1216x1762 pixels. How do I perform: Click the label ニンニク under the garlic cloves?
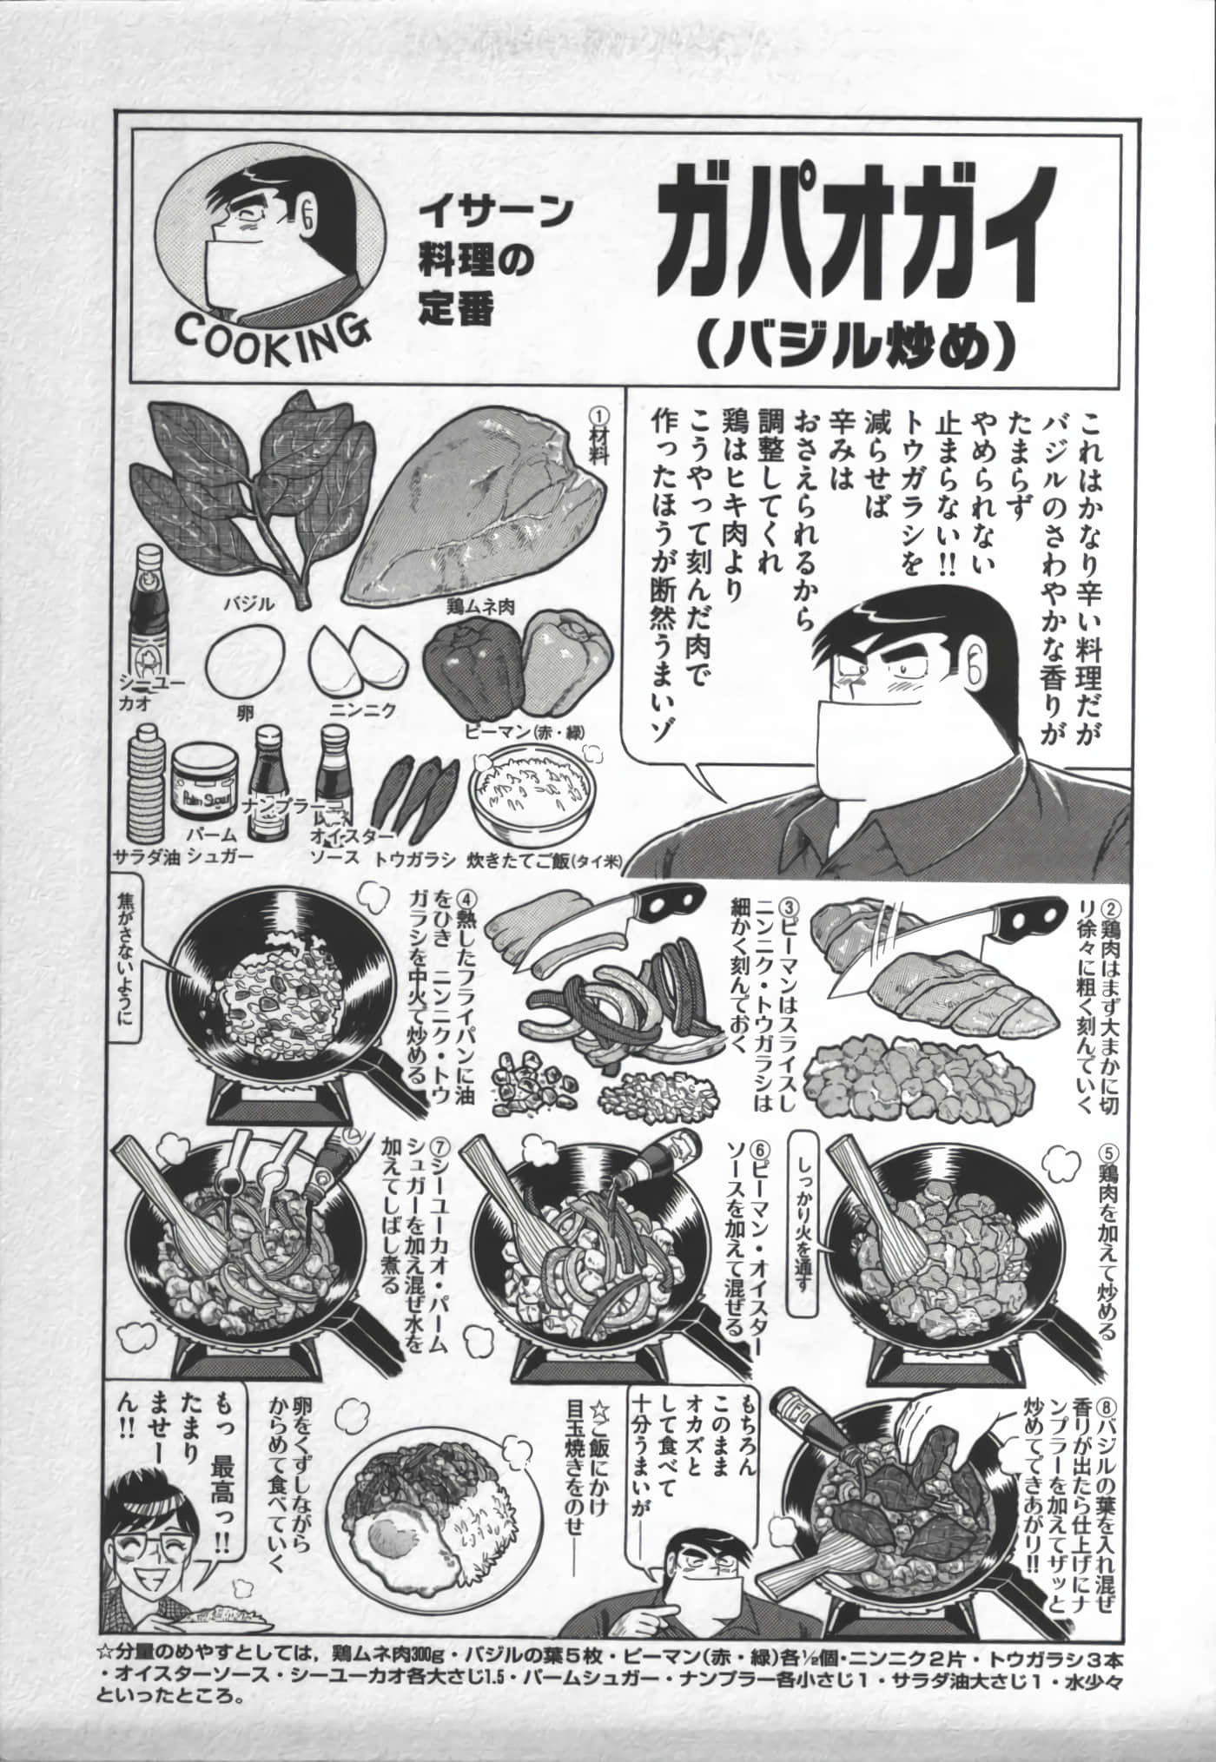tap(362, 711)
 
